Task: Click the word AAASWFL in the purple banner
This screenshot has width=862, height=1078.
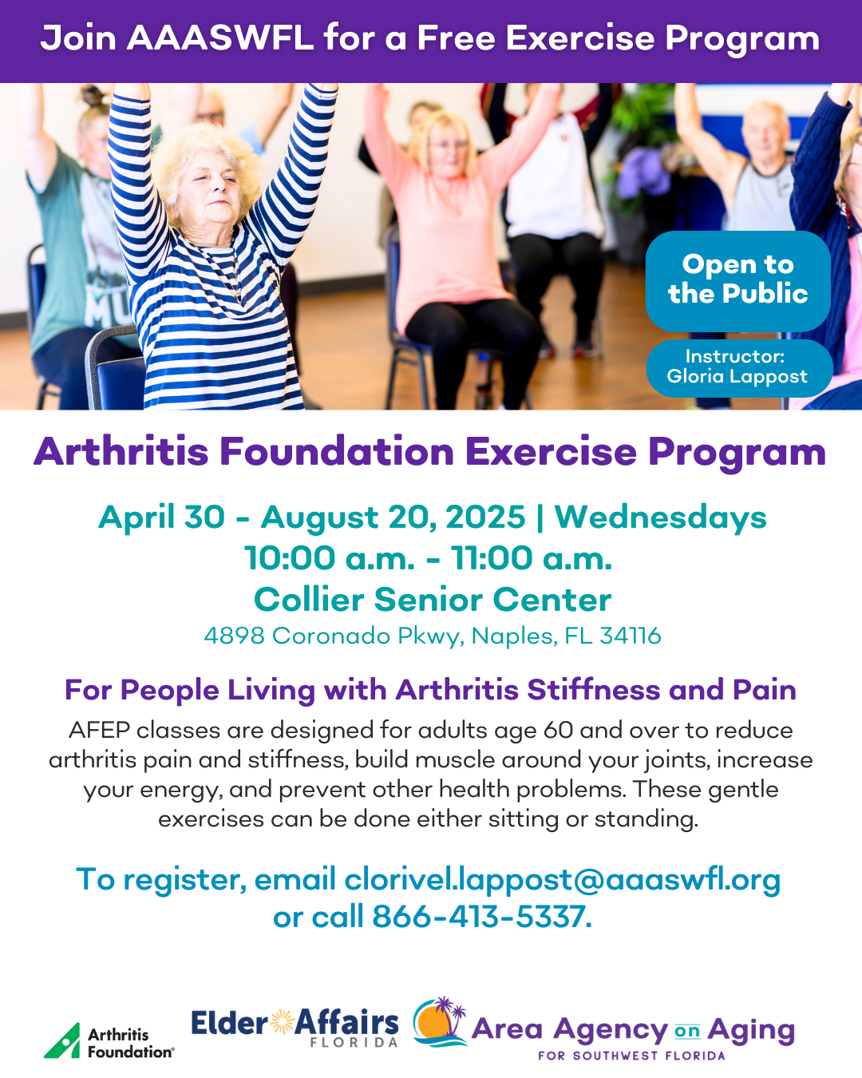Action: (219, 38)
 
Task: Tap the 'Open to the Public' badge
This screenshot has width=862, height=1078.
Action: (737, 281)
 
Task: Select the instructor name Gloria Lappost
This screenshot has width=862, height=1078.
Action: (737, 376)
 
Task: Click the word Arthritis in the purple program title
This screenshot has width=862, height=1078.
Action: (121, 452)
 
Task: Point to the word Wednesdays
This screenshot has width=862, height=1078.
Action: (660, 517)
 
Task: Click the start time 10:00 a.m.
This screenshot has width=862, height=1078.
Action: (330, 558)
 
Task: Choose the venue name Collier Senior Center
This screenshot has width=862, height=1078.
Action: (433, 600)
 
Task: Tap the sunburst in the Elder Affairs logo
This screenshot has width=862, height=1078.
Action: (283, 1021)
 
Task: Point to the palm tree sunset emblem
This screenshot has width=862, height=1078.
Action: (440, 1021)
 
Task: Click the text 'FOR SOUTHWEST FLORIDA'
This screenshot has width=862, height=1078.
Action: (631, 1056)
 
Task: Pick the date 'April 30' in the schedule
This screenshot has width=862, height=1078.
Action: (161, 517)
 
